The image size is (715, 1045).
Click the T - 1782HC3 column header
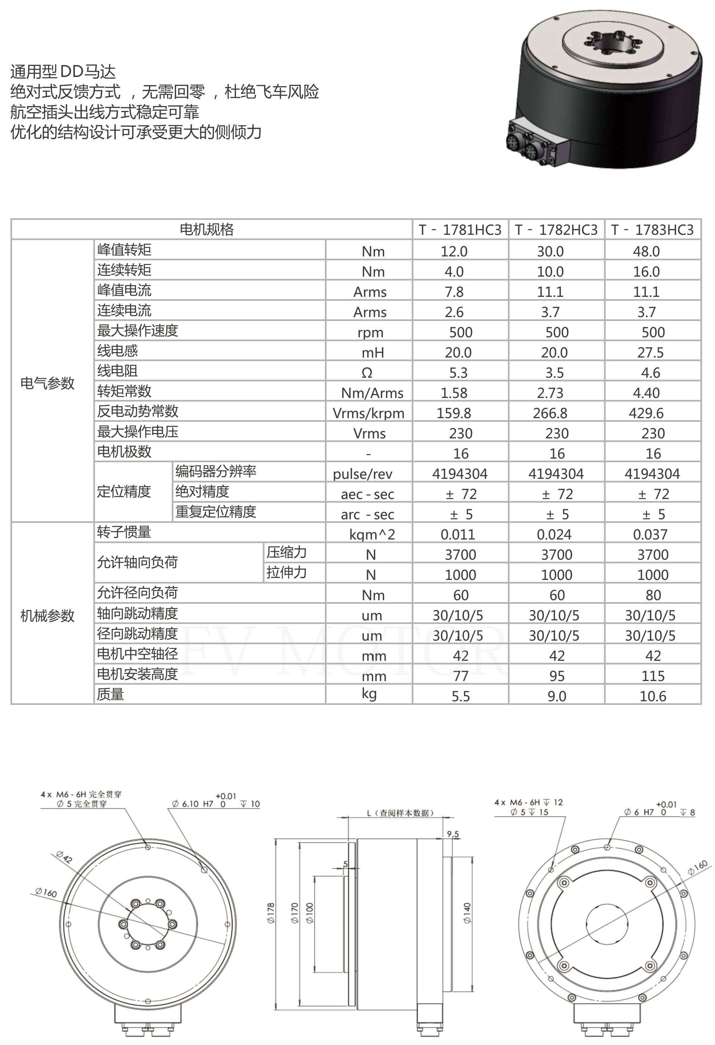pyautogui.click(x=556, y=230)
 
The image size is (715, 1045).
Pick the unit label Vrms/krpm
pyautogui.click(x=368, y=413)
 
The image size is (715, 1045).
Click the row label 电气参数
pyautogui.click(x=47, y=383)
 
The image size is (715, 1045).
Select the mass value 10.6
pyautogui.click(x=653, y=696)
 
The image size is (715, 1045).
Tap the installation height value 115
pyautogui.click(x=653, y=676)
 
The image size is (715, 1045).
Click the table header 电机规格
pyautogui.click(x=207, y=229)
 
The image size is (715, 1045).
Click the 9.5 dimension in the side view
pyautogui.click(x=453, y=834)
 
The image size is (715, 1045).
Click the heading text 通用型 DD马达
pyautogui.click(x=63, y=72)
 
